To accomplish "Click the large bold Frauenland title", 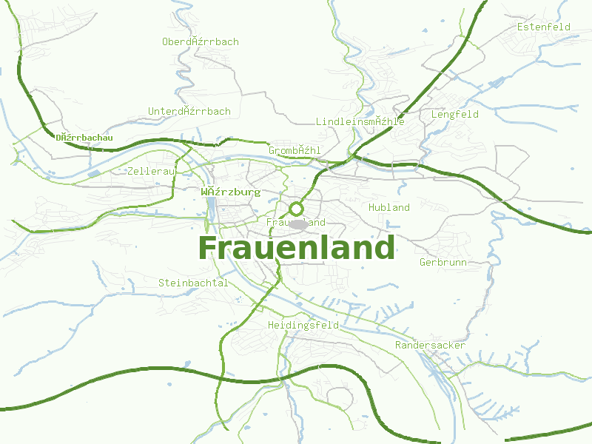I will [x=296, y=248].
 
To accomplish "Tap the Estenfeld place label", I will [x=544, y=27].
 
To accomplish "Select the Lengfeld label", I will [x=455, y=115].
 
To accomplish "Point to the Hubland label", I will [x=389, y=208].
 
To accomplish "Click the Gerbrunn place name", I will [x=443, y=263].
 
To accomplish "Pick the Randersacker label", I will [x=430, y=346].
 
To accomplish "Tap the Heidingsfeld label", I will [x=303, y=326].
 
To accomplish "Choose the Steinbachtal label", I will [x=193, y=283].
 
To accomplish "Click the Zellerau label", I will [x=151, y=171].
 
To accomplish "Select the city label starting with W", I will [x=231, y=192].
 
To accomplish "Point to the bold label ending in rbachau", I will [x=84, y=138].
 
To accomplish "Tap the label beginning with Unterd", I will [x=189, y=112].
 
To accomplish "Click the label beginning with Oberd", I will [x=201, y=42].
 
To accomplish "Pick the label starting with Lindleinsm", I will [x=360, y=121].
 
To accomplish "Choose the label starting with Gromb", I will [x=295, y=151].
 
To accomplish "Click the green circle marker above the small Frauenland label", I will [x=296, y=209].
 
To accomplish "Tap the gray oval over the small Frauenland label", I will [x=297, y=223].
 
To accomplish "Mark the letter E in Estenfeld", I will [x=520, y=27].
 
